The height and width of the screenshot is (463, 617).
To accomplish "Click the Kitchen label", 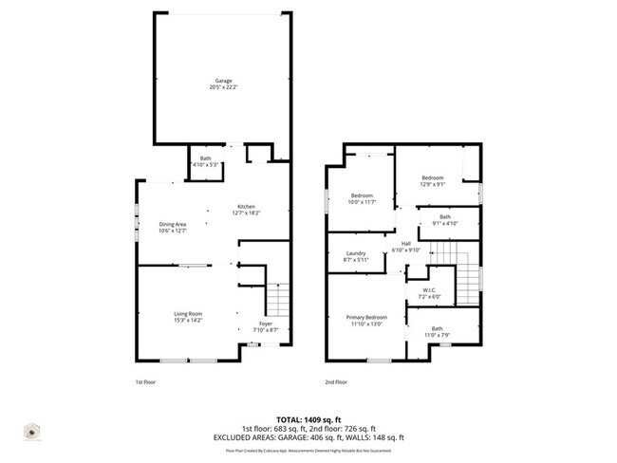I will (x=247, y=207).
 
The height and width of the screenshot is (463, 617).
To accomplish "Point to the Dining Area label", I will (x=172, y=225).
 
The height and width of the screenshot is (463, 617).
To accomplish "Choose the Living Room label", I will (x=187, y=314).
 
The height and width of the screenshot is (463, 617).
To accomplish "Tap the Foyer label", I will (x=266, y=324).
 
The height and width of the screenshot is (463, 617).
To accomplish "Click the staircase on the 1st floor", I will (x=276, y=302).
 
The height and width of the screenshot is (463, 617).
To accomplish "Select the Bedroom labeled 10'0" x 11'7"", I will (x=363, y=195).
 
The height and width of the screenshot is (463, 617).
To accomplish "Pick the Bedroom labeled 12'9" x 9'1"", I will (x=433, y=177).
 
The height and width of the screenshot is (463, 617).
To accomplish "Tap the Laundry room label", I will (x=356, y=253).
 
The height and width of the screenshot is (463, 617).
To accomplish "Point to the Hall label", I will (x=405, y=244).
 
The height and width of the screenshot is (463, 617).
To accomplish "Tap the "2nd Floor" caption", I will (x=336, y=381).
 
